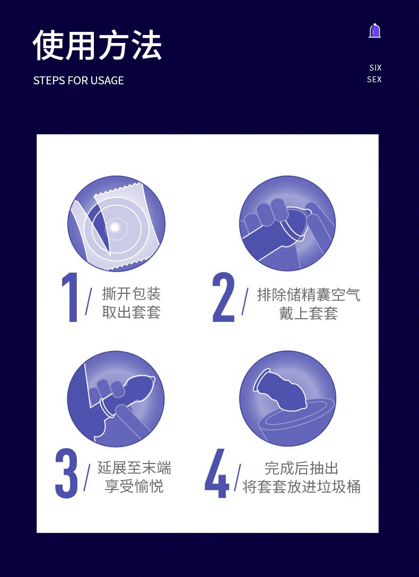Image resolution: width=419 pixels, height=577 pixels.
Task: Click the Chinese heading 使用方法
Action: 97,45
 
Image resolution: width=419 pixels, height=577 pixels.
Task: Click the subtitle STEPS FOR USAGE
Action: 78,81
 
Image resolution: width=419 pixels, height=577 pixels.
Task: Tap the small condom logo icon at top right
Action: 374,31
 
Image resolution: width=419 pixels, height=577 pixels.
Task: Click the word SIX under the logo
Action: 376,68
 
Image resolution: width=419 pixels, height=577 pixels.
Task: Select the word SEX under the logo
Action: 374,79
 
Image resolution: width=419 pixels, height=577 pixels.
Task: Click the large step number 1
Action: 70,298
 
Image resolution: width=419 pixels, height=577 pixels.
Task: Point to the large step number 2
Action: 223,298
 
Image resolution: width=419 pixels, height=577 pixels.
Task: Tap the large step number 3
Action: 67,473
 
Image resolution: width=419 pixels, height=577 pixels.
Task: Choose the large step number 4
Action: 217,473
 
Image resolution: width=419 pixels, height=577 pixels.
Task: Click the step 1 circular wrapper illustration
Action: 116,224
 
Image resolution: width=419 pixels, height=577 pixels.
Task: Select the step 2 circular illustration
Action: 287,223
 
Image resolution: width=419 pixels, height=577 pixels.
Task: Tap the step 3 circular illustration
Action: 116,399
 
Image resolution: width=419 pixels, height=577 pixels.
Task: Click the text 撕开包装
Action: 132,294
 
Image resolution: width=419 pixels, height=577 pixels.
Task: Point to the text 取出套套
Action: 132,312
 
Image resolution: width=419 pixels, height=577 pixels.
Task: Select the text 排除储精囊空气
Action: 308,295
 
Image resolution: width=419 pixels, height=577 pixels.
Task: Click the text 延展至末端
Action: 134,468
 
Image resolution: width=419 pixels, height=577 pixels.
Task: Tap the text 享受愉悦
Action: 134,486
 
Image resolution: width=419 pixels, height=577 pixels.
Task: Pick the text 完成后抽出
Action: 301,468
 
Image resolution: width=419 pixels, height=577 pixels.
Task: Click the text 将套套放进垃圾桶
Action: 301,487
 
